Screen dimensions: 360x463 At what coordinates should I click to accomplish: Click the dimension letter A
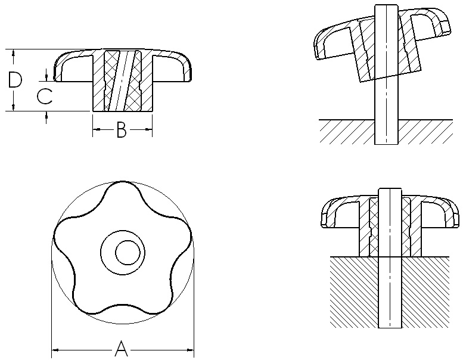tap(121, 347)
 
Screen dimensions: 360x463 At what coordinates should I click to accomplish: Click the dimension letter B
tap(121, 130)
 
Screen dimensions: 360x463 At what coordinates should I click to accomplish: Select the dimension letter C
tap(44, 95)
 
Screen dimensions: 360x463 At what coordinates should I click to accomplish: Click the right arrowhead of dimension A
tap(191, 348)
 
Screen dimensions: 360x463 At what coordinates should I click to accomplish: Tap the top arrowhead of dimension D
tap(13, 52)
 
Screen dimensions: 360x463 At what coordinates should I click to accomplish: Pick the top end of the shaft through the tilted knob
tap(386, 8)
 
